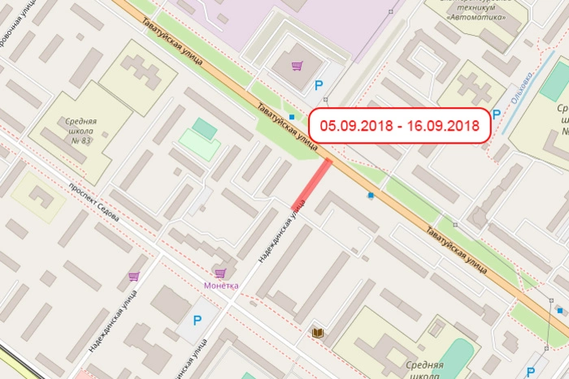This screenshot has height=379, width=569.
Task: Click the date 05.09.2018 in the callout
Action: [354, 126]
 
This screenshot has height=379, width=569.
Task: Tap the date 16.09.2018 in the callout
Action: [444, 126]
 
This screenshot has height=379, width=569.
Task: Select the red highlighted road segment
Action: [311, 184]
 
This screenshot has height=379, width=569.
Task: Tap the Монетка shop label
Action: [221, 286]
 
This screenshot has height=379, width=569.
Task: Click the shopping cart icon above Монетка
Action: [219, 273]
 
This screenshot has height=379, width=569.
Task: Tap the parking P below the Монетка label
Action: [197, 320]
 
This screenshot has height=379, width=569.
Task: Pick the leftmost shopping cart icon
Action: [133, 277]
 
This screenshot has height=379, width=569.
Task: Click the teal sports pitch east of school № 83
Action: [205, 128]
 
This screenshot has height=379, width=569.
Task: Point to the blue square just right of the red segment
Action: [371, 195]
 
